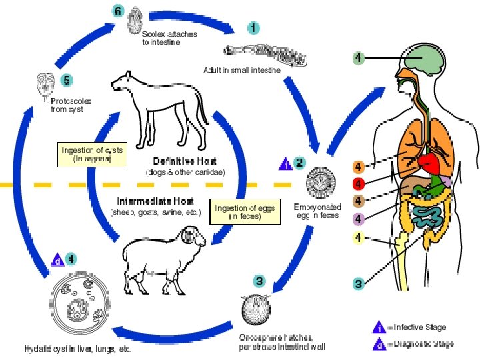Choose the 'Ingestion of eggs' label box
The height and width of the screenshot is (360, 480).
point(237,213)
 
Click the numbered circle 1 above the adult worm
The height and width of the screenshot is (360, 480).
point(254,27)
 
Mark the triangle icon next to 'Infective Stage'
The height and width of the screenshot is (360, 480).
point(378,328)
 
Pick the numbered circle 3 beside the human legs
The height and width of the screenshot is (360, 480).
point(359,283)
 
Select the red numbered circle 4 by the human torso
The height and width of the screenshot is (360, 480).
point(359,183)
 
